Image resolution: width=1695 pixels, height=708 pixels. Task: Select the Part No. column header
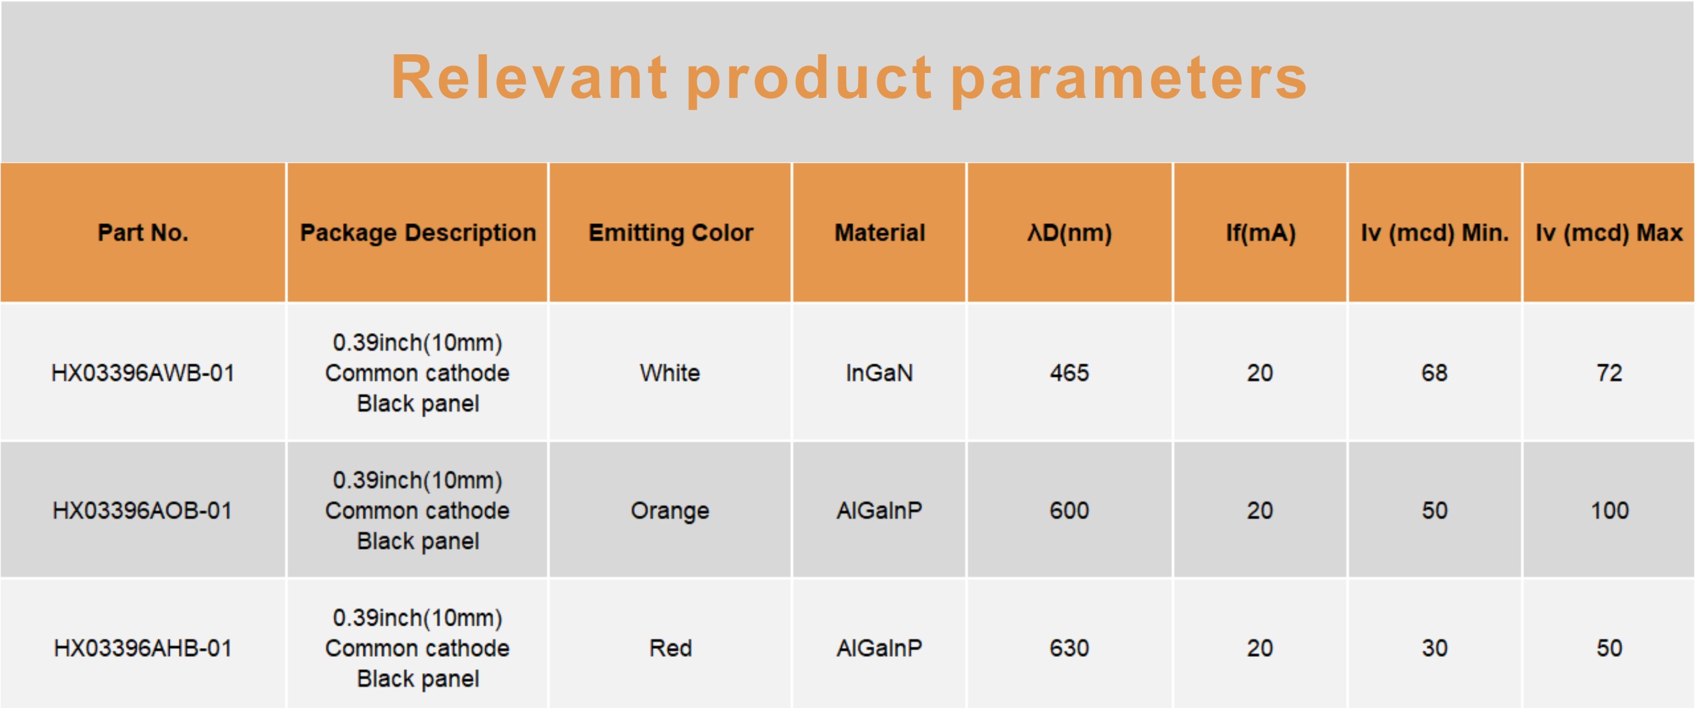[x=143, y=232]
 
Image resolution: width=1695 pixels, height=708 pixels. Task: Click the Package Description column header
[x=418, y=233]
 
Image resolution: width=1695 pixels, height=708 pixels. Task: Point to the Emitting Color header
[x=670, y=233]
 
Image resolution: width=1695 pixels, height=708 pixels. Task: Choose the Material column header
[x=880, y=232]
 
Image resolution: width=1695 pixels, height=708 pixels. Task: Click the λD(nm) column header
[x=1070, y=233]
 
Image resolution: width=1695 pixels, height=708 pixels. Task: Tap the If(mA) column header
[x=1261, y=233]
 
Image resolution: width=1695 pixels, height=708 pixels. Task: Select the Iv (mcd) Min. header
[x=1435, y=233]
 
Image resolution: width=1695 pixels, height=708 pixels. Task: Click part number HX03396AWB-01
[x=143, y=373]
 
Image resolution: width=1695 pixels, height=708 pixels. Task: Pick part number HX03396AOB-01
[x=143, y=511]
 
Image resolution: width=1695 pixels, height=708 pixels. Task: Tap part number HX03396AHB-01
[x=143, y=648]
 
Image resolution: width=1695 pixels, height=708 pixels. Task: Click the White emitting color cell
[x=670, y=373]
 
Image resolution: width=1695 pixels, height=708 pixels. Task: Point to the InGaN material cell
[x=880, y=373]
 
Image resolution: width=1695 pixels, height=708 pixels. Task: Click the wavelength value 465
[x=1070, y=373]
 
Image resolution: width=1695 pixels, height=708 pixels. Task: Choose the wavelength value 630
[x=1070, y=648]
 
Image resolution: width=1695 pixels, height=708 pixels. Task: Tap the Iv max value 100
[x=1610, y=511]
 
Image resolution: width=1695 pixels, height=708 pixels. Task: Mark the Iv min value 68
[x=1434, y=373]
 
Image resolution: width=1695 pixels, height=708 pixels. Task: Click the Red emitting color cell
[x=670, y=648]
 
